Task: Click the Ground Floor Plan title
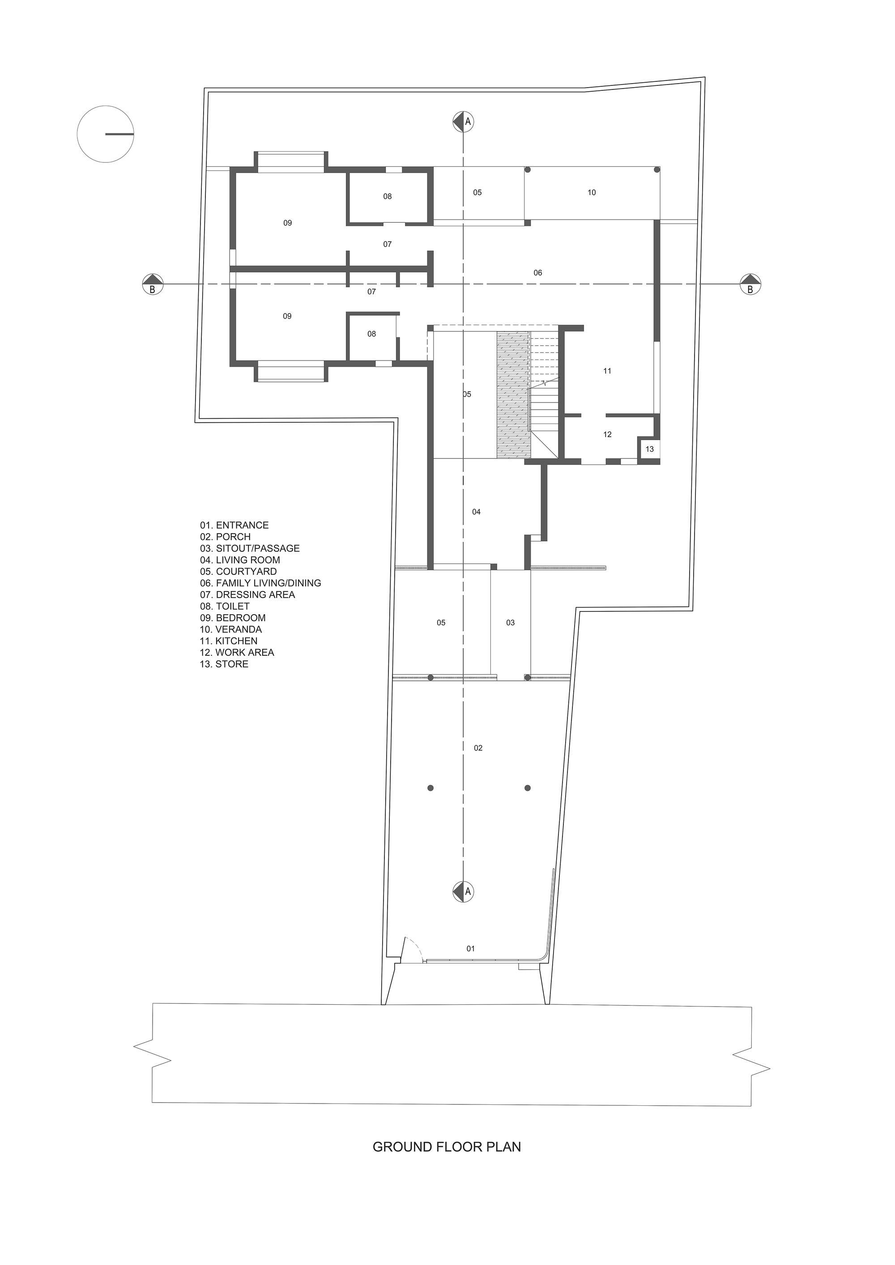pyautogui.click(x=447, y=1146)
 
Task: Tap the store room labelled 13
pyautogui.click(x=649, y=449)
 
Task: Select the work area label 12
pyautogui.click(x=607, y=435)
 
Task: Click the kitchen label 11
pyautogui.click(x=607, y=371)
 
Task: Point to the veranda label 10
pyautogui.click(x=591, y=192)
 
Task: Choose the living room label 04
pyautogui.click(x=476, y=512)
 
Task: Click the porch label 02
pyautogui.click(x=478, y=747)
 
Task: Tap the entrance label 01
pyautogui.click(x=471, y=948)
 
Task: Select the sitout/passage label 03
pyautogui.click(x=510, y=623)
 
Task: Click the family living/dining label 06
pyautogui.click(x=538, y=273)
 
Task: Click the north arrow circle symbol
pyautogui.click(x=105, y=134)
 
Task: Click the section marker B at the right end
pyautogui.click(x=750, y=284)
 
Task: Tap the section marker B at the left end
pyautogui.click(x=153, y=284)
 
